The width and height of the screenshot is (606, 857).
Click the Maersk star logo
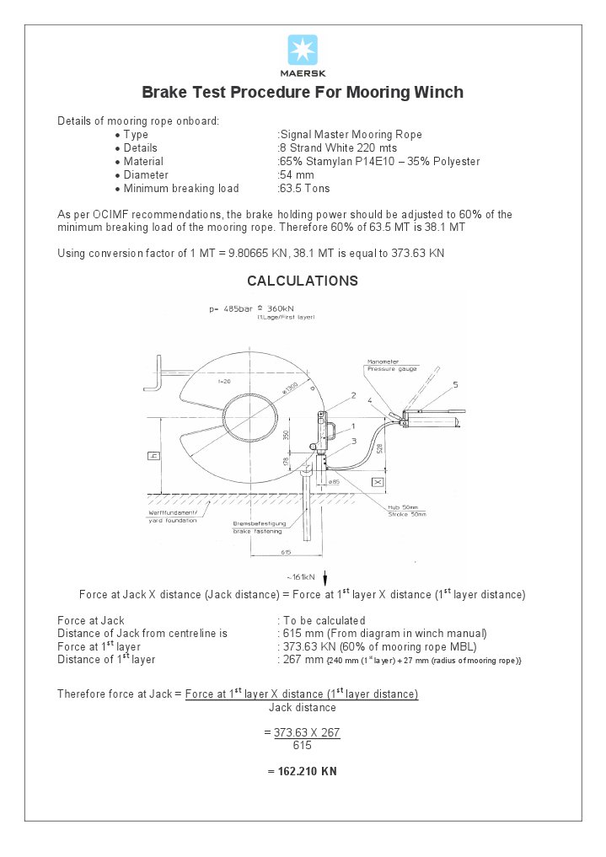click(303, 50)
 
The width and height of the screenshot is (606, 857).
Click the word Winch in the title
click(437, 92)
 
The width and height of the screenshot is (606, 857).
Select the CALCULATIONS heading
click(303, 281)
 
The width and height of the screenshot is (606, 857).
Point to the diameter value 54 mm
click(297, 175)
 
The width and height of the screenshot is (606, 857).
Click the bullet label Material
click(143, 162)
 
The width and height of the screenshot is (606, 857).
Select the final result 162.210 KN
click(303, 771)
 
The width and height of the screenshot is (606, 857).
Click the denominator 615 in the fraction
click(303, 746)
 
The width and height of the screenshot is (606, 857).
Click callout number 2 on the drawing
click(353, 394)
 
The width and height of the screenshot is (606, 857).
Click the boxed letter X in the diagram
click(378, 482)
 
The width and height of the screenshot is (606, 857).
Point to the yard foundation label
click(172, 521)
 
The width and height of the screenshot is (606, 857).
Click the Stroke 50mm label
click(407, 514)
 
